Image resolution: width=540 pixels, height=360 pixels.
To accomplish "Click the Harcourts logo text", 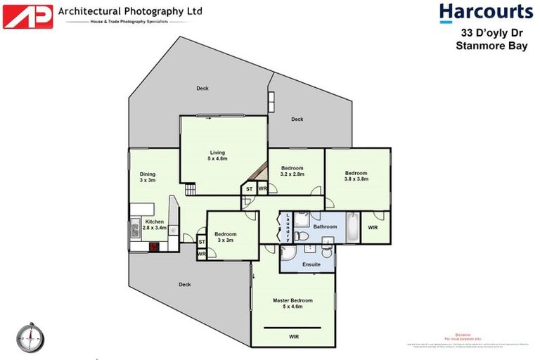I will pyautogui.click(x=486, y=12).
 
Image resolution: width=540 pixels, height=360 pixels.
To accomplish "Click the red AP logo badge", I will pyautogui.click(x=27, y=16).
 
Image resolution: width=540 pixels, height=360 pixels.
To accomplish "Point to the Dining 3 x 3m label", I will pyautogui.click(x=147, y=177).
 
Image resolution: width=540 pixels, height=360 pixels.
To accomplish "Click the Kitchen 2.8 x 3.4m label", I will pyautogui.click(x=155, y=224).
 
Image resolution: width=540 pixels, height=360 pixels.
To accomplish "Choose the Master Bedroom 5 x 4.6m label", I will pyautogui.click(x=292, y=303).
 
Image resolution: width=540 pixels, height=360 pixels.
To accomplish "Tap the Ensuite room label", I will pyautogui.click(x=311, y=264).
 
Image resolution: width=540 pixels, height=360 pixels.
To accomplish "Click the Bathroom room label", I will pyautogui.click(x=325, y=226).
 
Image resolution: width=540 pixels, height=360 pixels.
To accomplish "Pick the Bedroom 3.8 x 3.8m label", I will pyautogui.click(x=356, y=176).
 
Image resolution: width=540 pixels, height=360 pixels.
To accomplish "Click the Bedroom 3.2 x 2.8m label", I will pyautogui.click(x=292, y=171).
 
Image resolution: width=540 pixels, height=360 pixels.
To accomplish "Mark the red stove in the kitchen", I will pyautogui.click(x=153, y=247).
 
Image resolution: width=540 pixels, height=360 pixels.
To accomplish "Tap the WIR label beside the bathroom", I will pyautogui.click(x=373, y=228).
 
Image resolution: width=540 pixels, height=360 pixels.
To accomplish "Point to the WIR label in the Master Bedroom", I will pyautogui.click(x=293, y=337).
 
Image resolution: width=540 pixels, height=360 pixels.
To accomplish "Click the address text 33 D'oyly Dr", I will pyautogui.click(x=486, y=33).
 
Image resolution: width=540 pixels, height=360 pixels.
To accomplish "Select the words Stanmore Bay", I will pyautogui.click(x=486, y=46).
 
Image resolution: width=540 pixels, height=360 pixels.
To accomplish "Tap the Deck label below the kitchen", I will pyautogui.click(x=184, y=285).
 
